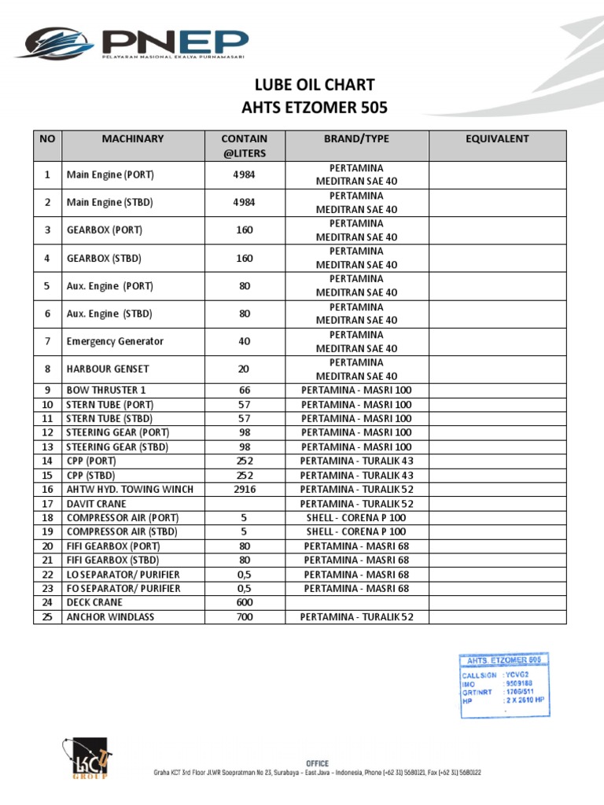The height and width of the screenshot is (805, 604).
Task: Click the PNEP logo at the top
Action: click(132, 45)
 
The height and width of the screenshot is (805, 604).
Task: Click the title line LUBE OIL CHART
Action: click(312, 84)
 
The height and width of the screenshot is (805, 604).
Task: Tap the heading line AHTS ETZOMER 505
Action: click(312, 107)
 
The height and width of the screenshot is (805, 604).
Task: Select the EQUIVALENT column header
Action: click(497, 139)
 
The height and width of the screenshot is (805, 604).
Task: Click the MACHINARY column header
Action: click(133, 139)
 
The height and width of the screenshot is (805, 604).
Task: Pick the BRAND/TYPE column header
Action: click(356, 139)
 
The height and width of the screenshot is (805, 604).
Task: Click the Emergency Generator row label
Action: click(116, 341)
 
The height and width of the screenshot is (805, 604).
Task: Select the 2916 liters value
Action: click(245, 489)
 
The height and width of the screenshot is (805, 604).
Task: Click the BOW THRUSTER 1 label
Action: click(106, 390)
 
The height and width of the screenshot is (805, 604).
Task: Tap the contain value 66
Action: click(245, 390)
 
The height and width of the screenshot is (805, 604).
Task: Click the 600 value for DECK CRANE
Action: click(245, 602)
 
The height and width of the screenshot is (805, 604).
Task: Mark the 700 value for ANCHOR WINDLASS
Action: click(245, 617)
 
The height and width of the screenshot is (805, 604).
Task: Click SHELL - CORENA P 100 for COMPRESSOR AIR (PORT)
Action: click(356, 517)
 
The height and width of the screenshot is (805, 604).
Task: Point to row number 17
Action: click(47, 503)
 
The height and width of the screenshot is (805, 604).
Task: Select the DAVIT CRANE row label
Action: click(97, 503)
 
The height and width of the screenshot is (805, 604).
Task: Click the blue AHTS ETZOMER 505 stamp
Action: click(504, 685)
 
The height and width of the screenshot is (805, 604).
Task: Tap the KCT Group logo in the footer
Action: click(85, 759)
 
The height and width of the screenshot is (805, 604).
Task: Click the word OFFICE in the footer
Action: click(317, 763)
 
